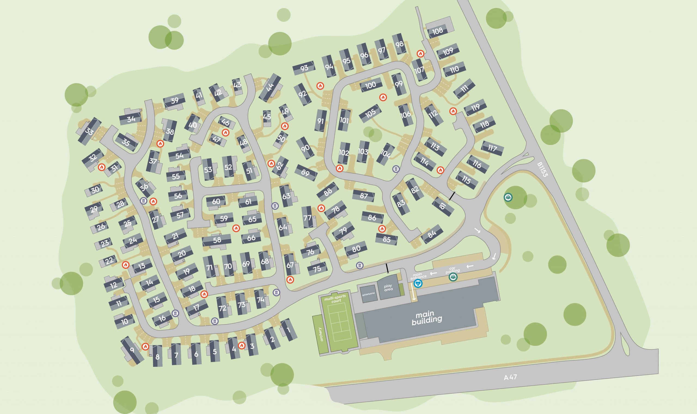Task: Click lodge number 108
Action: click(x=437, y=31)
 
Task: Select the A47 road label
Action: click(x=510, y=377)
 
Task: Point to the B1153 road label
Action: click(x=543, y=170)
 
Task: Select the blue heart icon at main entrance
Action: click(x=418, y=284)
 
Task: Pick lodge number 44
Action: click(x=270, y=87)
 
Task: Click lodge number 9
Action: click(x=132, y=350)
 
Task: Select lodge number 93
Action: click(x=304, y=68)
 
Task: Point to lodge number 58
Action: click(x=217, y=240)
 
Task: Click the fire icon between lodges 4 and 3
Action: click(x=241, y=346)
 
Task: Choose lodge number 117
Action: click(x=492, y=148)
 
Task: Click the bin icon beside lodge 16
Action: click(x=175, y=313)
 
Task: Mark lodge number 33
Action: click(x=89, y=131)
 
